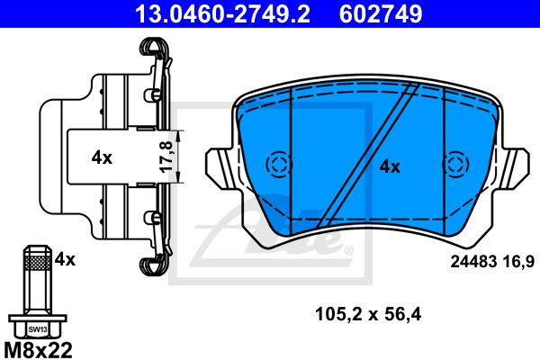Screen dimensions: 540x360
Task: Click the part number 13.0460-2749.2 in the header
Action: pyautogui.click(x=222, y=13)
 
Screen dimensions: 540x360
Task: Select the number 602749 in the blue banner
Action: pyautogui.click(x=381, y=13)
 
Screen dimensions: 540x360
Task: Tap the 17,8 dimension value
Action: pyautogui.click(x=166, y=157)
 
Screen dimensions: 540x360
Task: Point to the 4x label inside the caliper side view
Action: pyautogui.click(x=102, y=158)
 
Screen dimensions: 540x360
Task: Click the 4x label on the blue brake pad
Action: pyautogui.click(x=390, y=167)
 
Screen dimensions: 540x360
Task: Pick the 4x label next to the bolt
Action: pyautogui.click(x=65, y=259)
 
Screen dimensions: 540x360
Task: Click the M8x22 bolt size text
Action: pyautogui.click(x=38, y=350)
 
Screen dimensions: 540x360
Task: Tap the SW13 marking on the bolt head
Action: pyautogui.click(x=38, y=329)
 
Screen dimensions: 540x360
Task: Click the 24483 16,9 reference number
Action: pyautogui.click(x=492, y=262)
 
